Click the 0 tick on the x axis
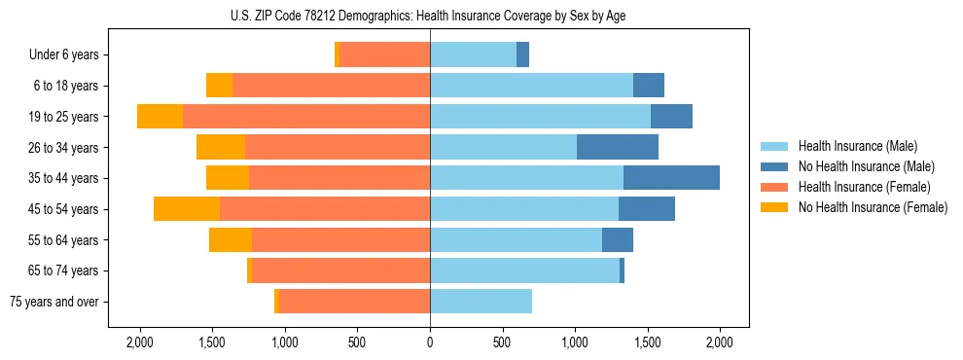coord(430,342)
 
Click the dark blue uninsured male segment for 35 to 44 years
coord(671,178)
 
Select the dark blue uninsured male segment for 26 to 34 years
coord(618,147)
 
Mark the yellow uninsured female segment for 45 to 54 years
coord(187,209)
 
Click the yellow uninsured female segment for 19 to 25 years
coord(160,117)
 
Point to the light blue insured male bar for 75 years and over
coord(481,302)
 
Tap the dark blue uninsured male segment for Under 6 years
coord(522,55)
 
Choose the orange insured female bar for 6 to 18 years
coord(331,86)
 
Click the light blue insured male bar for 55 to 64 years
coord(516,240)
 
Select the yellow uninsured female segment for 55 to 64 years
coord(231,240)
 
